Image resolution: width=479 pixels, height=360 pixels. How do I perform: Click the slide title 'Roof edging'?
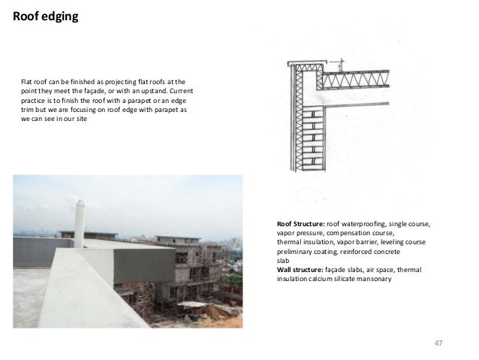(x=44, y=14)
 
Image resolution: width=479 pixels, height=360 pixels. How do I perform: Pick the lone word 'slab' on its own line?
(x=283, y=261)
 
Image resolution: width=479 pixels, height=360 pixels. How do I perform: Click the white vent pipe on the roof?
(x=78, y=222)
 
